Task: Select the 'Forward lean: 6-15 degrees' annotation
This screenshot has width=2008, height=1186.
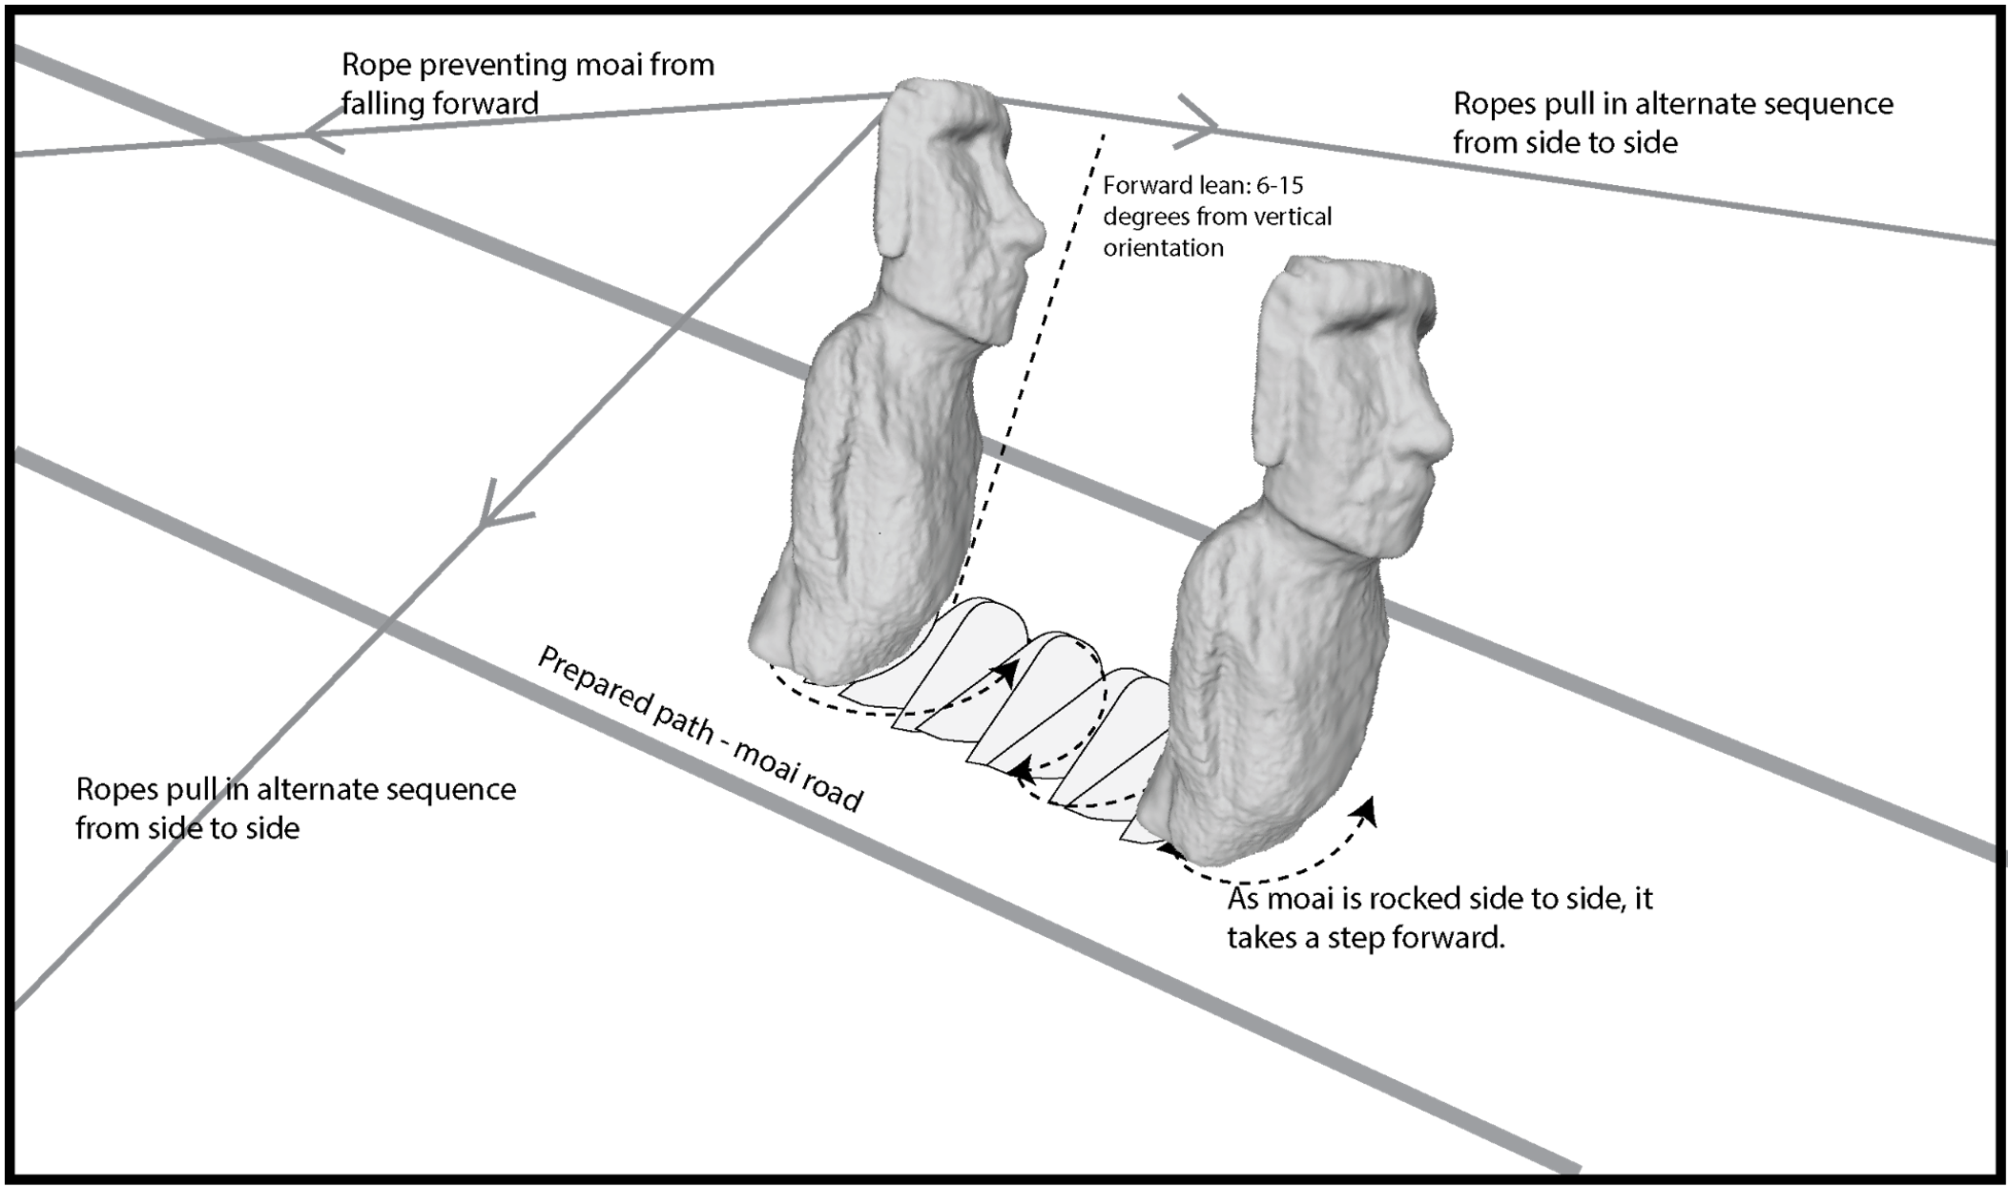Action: pyautogui.click(x=1216, y=217)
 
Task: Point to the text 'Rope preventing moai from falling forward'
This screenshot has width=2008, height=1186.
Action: pyautogui.click(x=528, y=84)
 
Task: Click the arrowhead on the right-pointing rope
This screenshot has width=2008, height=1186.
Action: pyautogui.click(x=1200, y=122)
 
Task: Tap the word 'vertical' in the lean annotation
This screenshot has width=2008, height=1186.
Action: pyautogui.click(x=1298, y=218)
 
